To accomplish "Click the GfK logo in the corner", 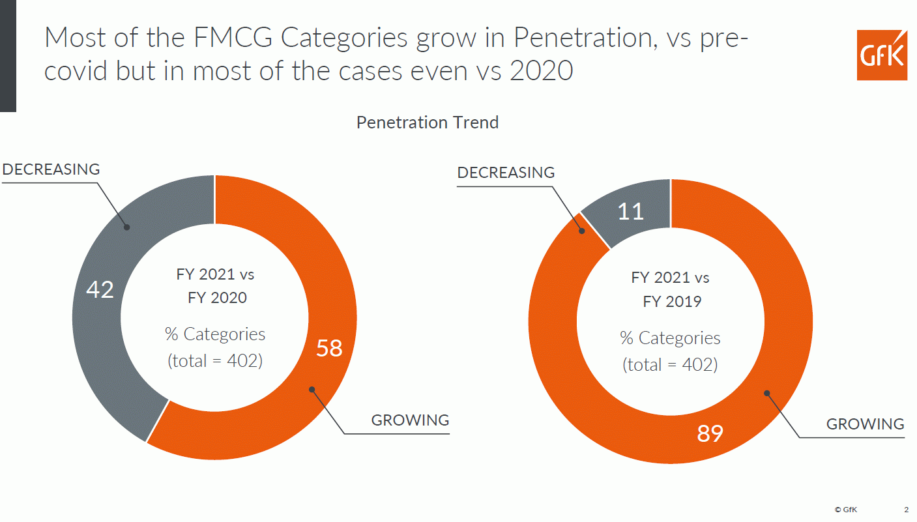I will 882,55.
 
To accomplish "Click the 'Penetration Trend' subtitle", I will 428,123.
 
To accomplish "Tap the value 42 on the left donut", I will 100,289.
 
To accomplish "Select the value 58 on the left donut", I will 329,348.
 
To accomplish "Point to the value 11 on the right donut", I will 631,211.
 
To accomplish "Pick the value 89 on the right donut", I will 710,433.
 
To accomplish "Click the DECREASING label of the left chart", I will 51,169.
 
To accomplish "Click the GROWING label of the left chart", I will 410,420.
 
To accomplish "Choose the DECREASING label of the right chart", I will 506,173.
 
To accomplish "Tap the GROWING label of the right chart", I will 865,424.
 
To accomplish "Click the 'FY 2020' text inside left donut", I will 217,298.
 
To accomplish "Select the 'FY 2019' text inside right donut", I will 672,302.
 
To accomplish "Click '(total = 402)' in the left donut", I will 215,360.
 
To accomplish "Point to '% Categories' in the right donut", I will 670,338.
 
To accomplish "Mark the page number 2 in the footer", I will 906,509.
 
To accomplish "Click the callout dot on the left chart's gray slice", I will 128,227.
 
